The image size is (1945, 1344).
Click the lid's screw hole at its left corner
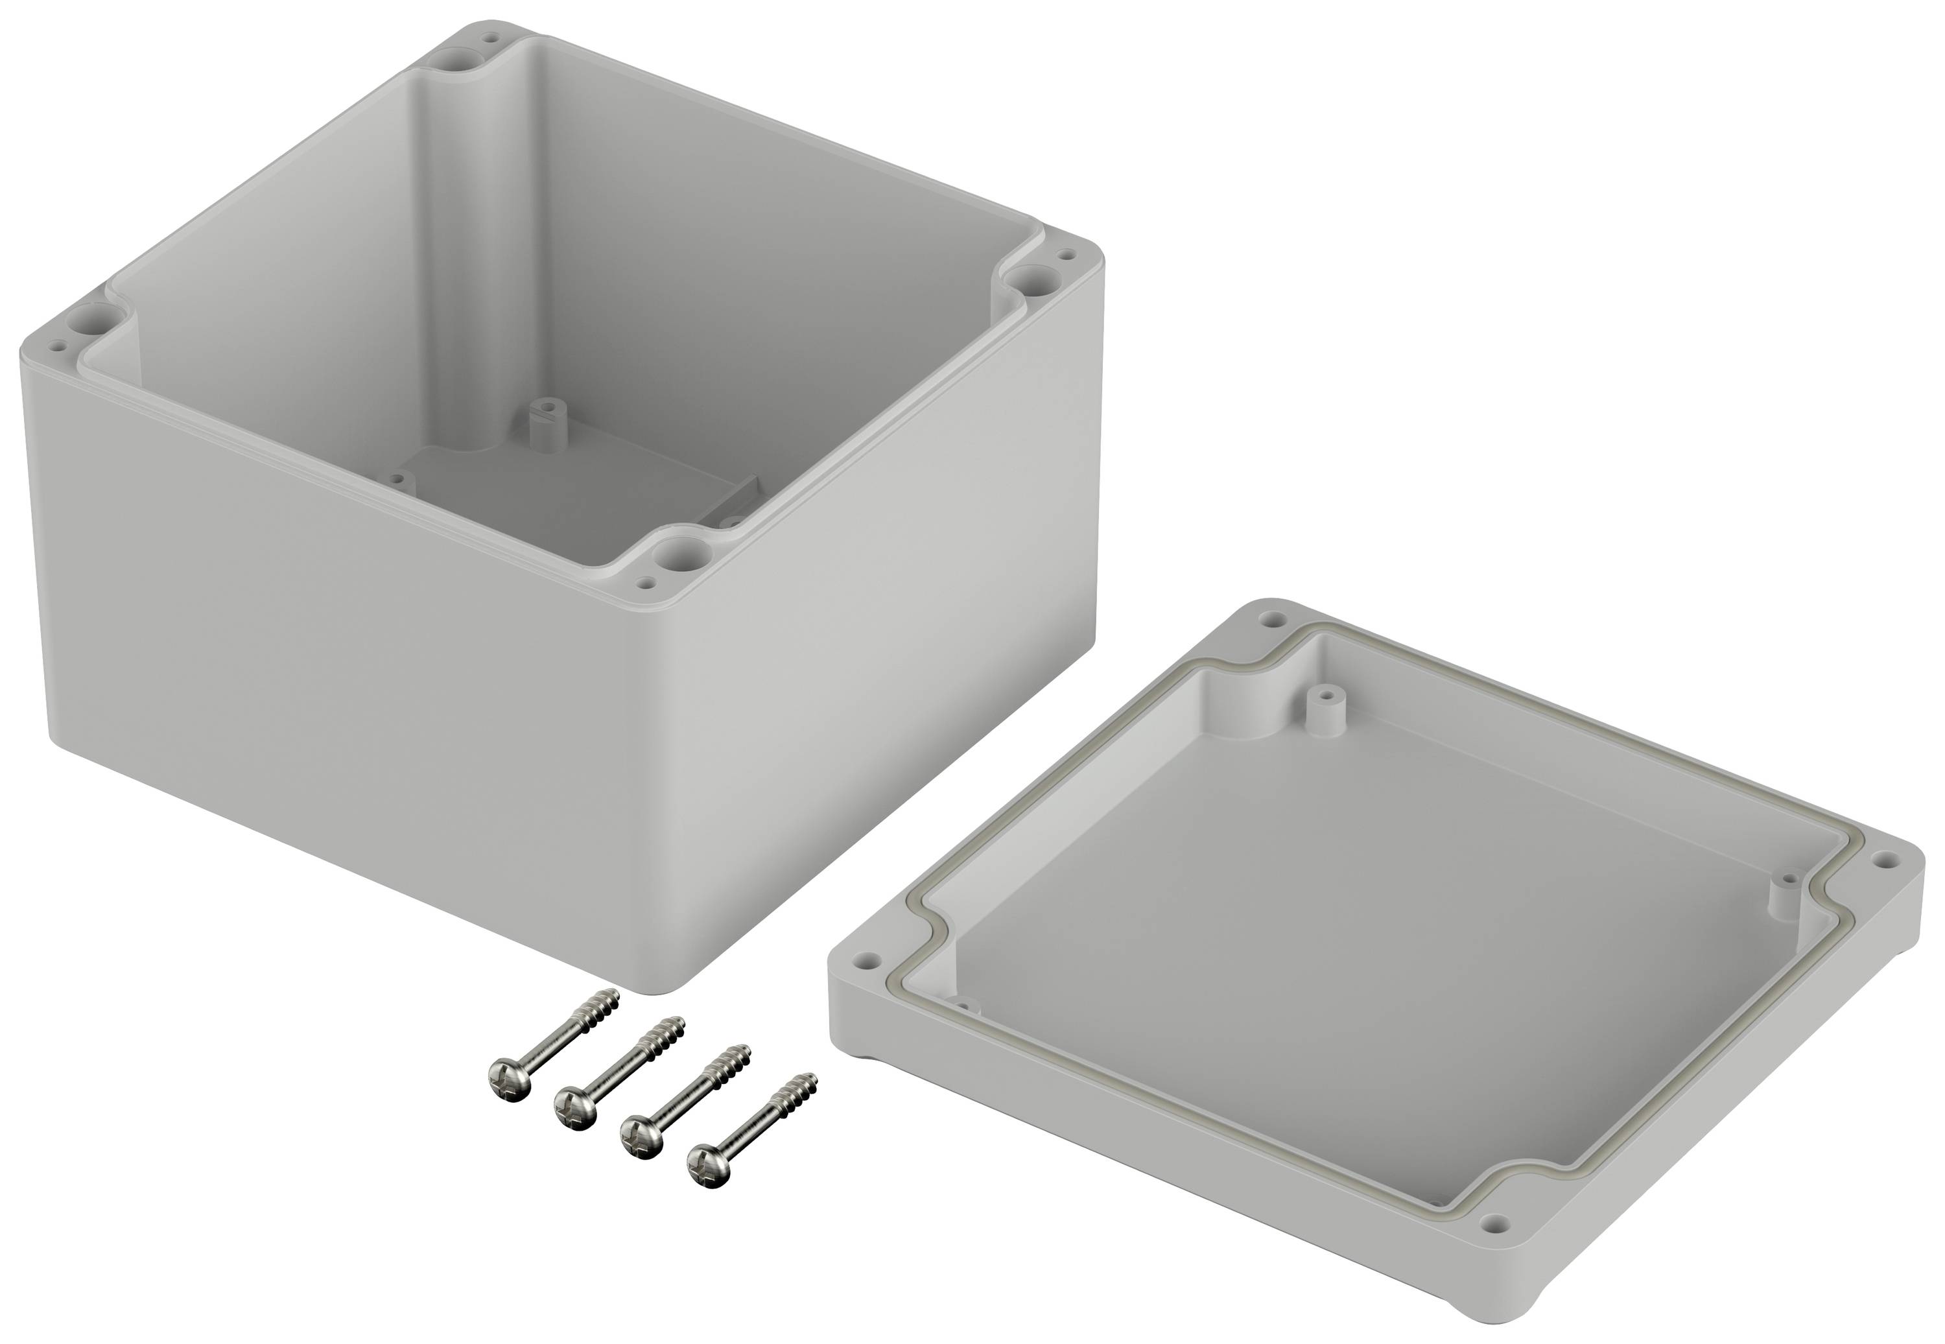click(x=863, y=959)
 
